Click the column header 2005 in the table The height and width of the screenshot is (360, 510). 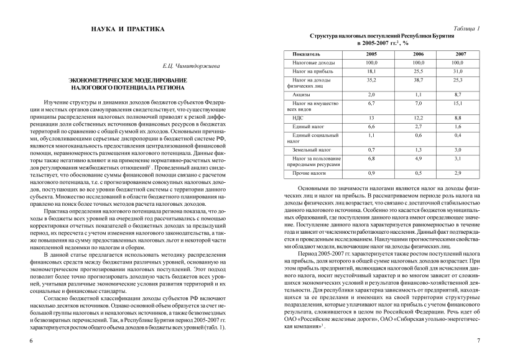pyautogui.click(x=371, y=54)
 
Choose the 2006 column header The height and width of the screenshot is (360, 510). pyautogui.click(x=418, y=54)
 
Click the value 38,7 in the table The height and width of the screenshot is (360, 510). pyautogui.click(x=418, y=80)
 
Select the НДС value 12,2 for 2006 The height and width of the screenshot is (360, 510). pyautogui.click(x=418, y=118)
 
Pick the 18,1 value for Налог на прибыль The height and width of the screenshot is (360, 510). pyautogui.click(x=371, y=72)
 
